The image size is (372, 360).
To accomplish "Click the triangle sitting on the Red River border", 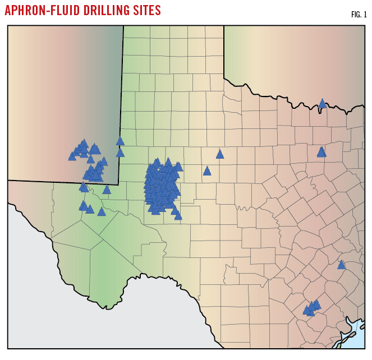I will (x=322, y=104).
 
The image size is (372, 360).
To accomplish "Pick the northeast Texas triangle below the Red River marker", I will (x=322, y=152).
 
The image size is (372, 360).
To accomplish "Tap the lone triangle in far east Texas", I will (x=341, y=265).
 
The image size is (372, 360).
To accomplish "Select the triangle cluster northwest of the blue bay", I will (x=311, y=307).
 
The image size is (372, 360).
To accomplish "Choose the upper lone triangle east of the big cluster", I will (x=220, y=154).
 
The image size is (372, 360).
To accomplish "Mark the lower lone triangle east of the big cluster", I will (x=207, y=171).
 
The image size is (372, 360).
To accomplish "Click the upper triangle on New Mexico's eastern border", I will (x=120, y=141).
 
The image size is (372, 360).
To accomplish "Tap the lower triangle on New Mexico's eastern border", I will (x=120, y=153).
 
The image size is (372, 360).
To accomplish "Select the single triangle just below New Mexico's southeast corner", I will (x=107, y=190).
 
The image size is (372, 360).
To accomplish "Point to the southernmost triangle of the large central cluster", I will (x=178, y=215).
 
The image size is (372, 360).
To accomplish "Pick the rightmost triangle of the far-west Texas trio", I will (x=102, y=212).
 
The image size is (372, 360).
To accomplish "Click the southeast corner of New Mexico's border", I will (x=118, y=184).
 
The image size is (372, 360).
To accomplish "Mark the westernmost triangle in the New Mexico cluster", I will (x=72, y=156).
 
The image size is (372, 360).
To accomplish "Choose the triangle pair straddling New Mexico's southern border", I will (x=84, y=187).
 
